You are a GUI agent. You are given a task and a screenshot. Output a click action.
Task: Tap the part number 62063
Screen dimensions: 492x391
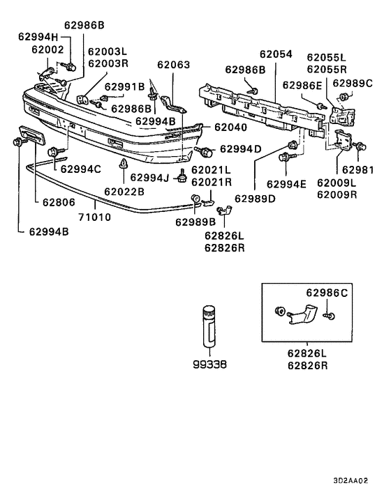(173, 65)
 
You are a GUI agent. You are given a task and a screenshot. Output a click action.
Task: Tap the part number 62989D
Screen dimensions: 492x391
(256, 199)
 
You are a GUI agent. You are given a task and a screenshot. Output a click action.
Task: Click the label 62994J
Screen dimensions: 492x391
(149, 177)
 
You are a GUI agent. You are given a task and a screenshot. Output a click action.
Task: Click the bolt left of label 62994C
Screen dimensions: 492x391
(53, 151)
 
